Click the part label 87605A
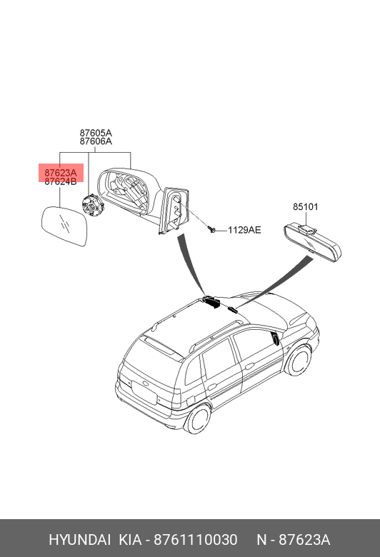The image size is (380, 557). point(96,134)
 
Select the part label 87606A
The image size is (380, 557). point(96,141)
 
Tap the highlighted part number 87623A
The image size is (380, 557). point(61,173)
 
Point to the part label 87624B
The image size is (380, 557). point(61,182)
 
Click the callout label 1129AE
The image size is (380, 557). point(244,230)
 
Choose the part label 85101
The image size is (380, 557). point(306,207)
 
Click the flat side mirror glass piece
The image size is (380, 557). point(64,226)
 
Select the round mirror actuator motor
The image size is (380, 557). point(92,206)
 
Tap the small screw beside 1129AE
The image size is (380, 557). point(213,229)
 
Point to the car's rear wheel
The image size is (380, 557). point(197,419)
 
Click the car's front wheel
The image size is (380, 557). point(298,361)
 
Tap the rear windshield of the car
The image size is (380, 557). point(155,358)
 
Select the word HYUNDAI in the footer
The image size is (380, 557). point(79,540)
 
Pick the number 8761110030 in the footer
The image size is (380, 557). point(195,540)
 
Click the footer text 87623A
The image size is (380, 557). point(304,540)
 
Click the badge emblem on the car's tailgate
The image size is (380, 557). point(146,384)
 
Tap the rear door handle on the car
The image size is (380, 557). point(213,386)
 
